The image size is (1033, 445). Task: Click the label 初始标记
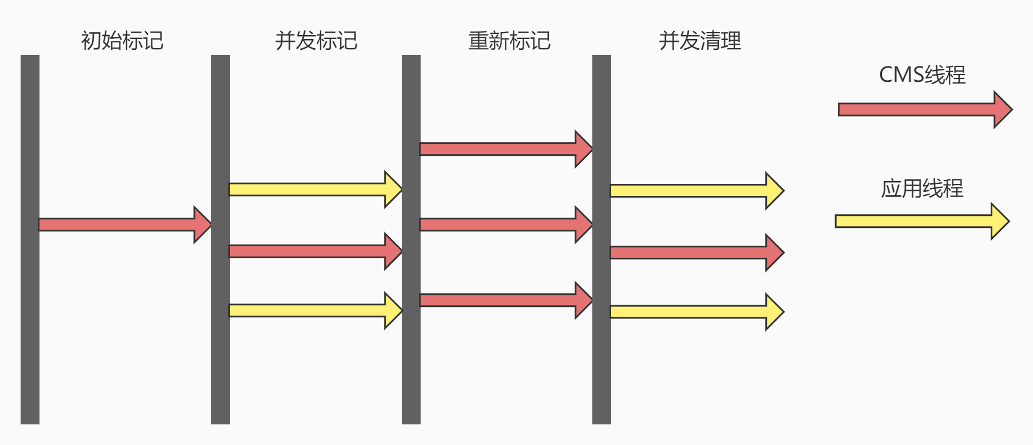tap(122, 41)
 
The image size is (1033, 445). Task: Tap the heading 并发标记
tap(316, 41)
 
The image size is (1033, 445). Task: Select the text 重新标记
tap(509, 41)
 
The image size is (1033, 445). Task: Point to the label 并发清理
tap(700, 41)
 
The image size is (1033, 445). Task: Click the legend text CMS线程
tap(922, 75)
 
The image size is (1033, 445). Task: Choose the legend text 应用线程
tap(922, 188)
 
